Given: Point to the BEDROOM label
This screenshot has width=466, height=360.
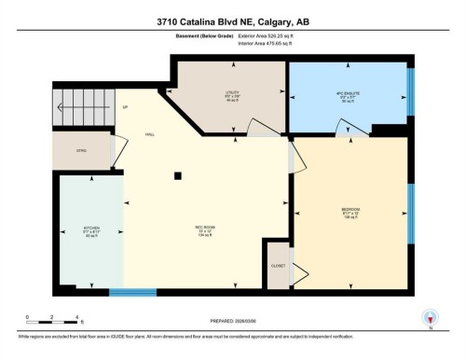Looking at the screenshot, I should click(350, 210).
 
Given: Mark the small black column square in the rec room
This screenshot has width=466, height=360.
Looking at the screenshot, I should click(178, 175).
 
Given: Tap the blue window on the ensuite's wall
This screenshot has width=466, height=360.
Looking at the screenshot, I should click(410, 92).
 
